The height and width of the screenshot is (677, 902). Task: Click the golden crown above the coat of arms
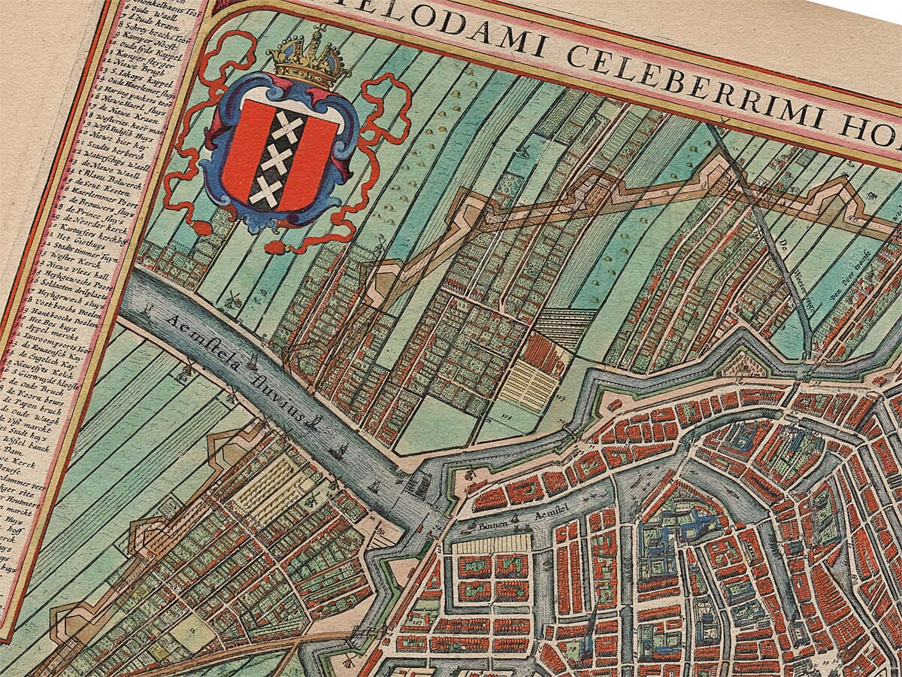tap(309, 57)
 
